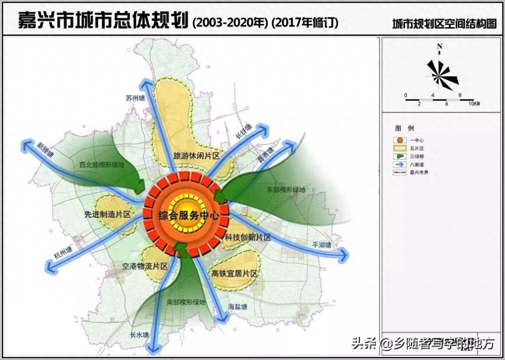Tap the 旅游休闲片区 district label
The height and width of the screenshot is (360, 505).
pos(196,156)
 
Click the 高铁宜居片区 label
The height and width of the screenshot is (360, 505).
pos(234,273)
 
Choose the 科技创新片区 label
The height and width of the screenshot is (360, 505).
pos(248,237)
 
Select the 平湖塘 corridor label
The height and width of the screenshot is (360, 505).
pos(322,245)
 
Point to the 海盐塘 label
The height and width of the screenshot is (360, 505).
pos(238,306)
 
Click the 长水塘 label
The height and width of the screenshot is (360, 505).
pos(139,335)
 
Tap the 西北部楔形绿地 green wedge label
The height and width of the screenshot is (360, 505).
pos(102,164)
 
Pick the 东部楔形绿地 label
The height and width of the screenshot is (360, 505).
pos(286,190)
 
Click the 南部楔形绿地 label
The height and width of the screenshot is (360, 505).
pos(186,302)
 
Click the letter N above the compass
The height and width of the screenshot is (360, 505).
pos(440,47)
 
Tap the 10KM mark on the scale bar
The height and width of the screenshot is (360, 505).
pos(474,103)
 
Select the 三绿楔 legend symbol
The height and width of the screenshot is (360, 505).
pos(399,156)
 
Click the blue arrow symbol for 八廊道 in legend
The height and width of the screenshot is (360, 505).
pos(399,164)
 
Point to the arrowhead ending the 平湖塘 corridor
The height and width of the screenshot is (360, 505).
pos(344,255)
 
